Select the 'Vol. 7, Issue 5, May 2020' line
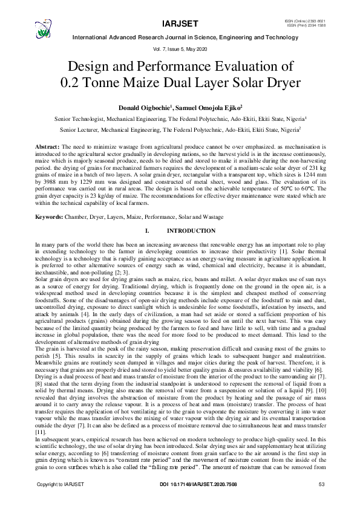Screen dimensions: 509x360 pyautogui.click(x=180, y=48)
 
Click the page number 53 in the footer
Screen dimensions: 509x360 pyautogui.click(x=321, y=501)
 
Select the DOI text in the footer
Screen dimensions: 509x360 pyautogui.click(x=180, y=501)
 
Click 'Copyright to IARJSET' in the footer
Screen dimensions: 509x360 pyautogui.click(x=61, y=501)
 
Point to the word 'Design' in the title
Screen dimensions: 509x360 pyautogui.click(x=91, y=65)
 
